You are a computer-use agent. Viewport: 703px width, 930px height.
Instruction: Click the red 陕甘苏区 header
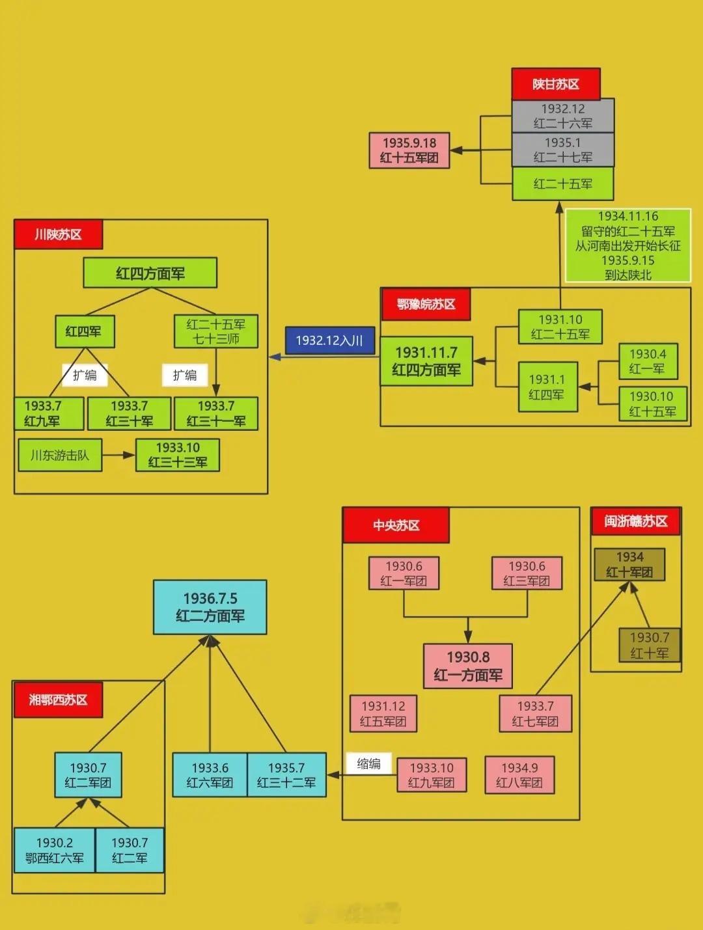(x=555, y=84)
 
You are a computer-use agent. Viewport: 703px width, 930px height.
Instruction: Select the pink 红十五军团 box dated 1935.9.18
(x=409, y=150)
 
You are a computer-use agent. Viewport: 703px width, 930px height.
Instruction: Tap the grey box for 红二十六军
(x=562, y=116)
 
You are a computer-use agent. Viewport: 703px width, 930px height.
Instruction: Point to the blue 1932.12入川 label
(x=330, y=340)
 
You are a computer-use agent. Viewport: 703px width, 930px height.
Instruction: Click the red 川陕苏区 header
(x=59, y=234)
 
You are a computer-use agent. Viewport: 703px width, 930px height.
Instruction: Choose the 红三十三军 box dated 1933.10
(x=177, y=455)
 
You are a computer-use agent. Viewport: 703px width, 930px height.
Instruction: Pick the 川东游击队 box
(x=60, y=455)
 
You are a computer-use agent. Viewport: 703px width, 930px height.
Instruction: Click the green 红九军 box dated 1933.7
(x=49, y=413)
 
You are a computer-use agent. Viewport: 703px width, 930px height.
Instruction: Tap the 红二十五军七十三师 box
(x=215, y=331)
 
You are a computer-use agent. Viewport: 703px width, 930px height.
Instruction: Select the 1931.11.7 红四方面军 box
(x=426, y=361)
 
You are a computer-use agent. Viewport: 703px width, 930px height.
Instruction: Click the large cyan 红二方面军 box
(x=210, y=607)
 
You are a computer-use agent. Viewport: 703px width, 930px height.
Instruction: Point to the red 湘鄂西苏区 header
(x=58, y=700)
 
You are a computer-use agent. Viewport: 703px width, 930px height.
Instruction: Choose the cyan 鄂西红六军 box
(x=55, y=850)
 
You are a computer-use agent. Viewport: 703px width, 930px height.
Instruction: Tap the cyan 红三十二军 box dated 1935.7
(x=286, y=775)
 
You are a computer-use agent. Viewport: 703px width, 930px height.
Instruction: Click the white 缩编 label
(x=369, y=763)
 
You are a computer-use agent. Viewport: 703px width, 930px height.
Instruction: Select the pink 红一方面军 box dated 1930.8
(x=467, y=666)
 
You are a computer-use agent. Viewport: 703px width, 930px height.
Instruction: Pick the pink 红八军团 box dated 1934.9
(x=519, y=775)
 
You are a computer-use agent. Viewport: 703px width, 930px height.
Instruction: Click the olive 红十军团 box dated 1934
(x=629, y=564)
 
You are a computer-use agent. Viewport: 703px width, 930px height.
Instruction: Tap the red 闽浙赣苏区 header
(x=635, y=521)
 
